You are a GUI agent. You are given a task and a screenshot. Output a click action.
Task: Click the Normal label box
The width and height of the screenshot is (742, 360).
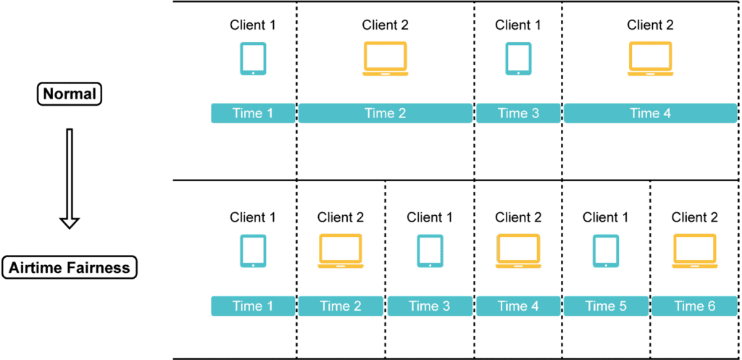pyautogui.click(x=70, y=94)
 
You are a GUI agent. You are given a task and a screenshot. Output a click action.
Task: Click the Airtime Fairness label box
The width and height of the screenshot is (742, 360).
pyautogui.click(x=70, y=267)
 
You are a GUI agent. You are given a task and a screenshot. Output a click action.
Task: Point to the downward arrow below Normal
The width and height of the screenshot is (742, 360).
pyautogui.click(x=70, y=178)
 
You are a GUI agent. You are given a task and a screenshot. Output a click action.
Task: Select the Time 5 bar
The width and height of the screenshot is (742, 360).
pyautogui.click(x=606, y=306)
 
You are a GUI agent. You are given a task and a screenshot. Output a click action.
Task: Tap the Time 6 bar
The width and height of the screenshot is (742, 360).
pyautogui.click(x=694, y=306)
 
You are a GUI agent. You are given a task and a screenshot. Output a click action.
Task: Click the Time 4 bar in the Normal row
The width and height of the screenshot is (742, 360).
pyautogui.click(x=650, y=113)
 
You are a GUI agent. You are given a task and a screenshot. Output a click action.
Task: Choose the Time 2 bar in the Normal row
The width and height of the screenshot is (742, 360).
pyautogui.click(x=385, y=113)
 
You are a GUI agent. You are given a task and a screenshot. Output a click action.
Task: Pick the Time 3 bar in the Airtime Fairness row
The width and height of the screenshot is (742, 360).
pyautogui.click(x=429, y=306)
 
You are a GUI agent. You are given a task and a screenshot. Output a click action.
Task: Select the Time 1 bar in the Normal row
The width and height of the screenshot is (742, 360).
pyautogui.click(x=253, y=113)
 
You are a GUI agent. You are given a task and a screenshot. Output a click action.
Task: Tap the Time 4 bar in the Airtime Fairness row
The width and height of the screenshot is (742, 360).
pyautogui.click(x=518, y=306)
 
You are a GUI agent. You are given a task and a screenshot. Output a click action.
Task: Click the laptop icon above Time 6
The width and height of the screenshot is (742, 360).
pyautogui.click(x=694, y=251)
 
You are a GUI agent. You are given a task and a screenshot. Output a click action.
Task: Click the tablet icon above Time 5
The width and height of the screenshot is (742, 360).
pyautogui.click(x=606, y=251)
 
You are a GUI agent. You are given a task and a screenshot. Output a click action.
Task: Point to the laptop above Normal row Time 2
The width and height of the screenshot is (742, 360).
pyautogui.click(x=385, y=58)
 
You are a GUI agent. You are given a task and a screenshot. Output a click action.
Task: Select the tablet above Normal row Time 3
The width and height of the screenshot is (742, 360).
pyautogui.click(x=517, y=58)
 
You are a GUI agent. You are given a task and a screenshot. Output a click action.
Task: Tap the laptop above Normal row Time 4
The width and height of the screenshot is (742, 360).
pyautogui.click(x=650, y=58)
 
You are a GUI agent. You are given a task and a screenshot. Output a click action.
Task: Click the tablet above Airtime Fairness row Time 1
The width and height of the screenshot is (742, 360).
pyautogui.click(x=253, y=251)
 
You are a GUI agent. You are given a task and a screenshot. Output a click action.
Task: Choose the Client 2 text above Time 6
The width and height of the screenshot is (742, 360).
pyautogui.click(x=694, y=217)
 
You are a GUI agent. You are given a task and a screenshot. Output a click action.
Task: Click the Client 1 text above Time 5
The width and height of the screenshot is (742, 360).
pyautogui.click(x=606, y=217)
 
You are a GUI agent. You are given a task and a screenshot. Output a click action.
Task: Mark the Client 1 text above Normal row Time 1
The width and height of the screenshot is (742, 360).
pyautogui.click(x=253, y=25)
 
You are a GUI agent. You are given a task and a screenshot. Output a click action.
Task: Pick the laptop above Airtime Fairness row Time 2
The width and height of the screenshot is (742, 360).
pyautogui.click(x=341, y=251)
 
